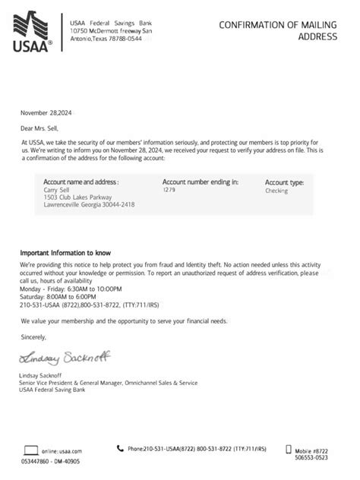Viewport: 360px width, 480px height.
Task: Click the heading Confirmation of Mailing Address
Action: click(282, 30)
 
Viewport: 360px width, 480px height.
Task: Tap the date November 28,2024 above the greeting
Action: click(48, 112)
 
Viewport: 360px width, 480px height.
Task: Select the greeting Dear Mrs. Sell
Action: click(43, 127)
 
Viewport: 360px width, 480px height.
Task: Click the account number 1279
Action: click(169, 190)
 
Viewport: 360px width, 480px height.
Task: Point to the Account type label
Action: click(284, 183)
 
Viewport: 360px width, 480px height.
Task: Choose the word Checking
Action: click(276, 191)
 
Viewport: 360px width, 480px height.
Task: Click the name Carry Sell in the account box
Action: click(57, 191)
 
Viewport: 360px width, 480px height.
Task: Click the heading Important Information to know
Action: click(66, 251)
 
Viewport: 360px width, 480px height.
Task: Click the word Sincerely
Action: click(34, 336)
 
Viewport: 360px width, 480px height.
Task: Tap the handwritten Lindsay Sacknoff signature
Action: click(58, 358)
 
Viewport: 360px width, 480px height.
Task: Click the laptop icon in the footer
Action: click(31, 450)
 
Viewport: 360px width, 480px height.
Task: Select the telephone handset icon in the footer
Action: click(121, 448)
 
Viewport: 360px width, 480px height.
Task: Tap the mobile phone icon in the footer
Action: click(288, 449)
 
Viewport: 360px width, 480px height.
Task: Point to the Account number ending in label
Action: click(201, 182)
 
